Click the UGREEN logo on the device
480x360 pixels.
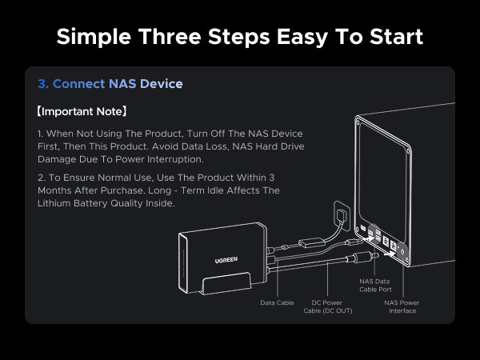point(226,260)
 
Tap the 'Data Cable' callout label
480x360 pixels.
point(277,302)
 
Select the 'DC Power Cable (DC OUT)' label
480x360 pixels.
point(328,306)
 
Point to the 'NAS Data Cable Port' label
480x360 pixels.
point(375,286)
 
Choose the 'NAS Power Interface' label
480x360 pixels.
point(402,306)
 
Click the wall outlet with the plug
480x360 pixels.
point(342,215)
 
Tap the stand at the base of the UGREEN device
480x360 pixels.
point(227,283)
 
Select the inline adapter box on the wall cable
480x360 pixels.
point(311,242)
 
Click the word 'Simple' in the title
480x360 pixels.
point(94,37)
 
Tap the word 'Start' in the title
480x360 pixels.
point(397,37)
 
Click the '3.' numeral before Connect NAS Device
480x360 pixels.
point(43,83)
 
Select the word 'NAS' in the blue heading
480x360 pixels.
point(122,83)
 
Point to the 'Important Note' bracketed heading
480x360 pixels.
point(82,111)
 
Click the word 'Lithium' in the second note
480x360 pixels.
point(54,203)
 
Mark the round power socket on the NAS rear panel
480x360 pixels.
point(402,252)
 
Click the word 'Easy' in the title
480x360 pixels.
point(302,37)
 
